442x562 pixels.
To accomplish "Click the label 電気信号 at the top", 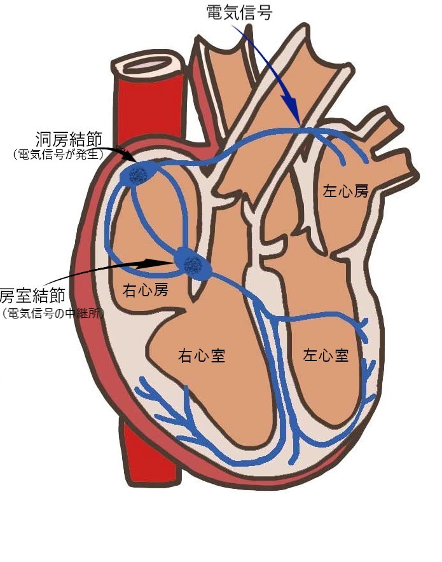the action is pos(239,11).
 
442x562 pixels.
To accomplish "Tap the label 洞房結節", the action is pos(69,139).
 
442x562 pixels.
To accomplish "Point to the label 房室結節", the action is pos(33,296).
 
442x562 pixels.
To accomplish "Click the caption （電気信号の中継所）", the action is pos(53,313).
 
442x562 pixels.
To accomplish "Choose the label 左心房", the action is pos(345,191).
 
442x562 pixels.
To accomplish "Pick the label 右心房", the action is pos(145,290).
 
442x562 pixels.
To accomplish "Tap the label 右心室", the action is pos(202,356).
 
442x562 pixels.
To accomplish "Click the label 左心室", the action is pos(326,355).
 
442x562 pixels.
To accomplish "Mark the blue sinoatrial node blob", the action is pos(138,173).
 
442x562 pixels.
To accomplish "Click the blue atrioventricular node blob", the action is pos(193,264).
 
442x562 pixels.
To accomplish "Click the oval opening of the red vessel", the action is pos(148,65).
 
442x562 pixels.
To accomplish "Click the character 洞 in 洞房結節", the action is pos(44,139).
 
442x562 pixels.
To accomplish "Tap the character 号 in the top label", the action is pos(264,11).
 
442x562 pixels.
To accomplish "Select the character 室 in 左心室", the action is pos(342,355).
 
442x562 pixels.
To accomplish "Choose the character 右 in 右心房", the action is pos(129,290).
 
